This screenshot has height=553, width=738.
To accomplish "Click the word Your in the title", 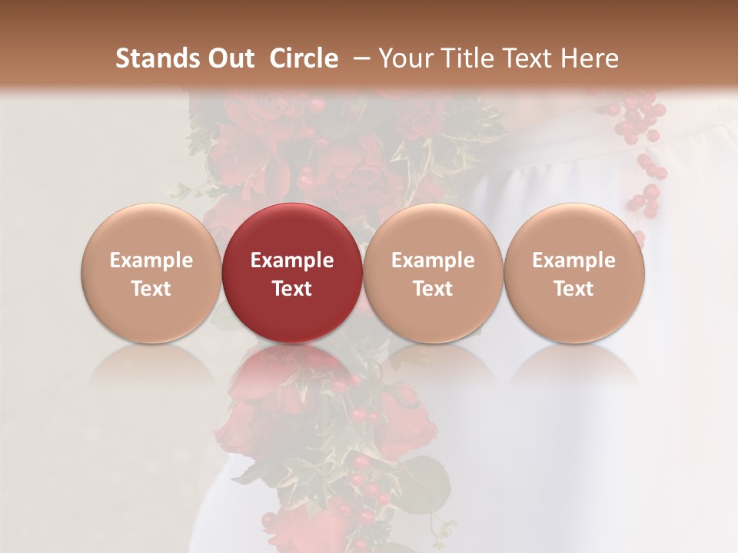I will point(401,58).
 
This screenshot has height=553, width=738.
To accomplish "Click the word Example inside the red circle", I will point(292,260).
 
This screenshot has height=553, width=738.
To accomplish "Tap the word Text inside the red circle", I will point(292,289).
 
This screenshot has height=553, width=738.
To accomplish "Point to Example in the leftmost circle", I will point(151,260).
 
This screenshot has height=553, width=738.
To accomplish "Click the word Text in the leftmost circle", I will point(151,289).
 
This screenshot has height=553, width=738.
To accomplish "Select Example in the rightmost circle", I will point(574,260).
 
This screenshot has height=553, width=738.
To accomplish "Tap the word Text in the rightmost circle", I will point(574,289).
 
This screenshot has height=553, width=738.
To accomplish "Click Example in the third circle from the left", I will point(433,260).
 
